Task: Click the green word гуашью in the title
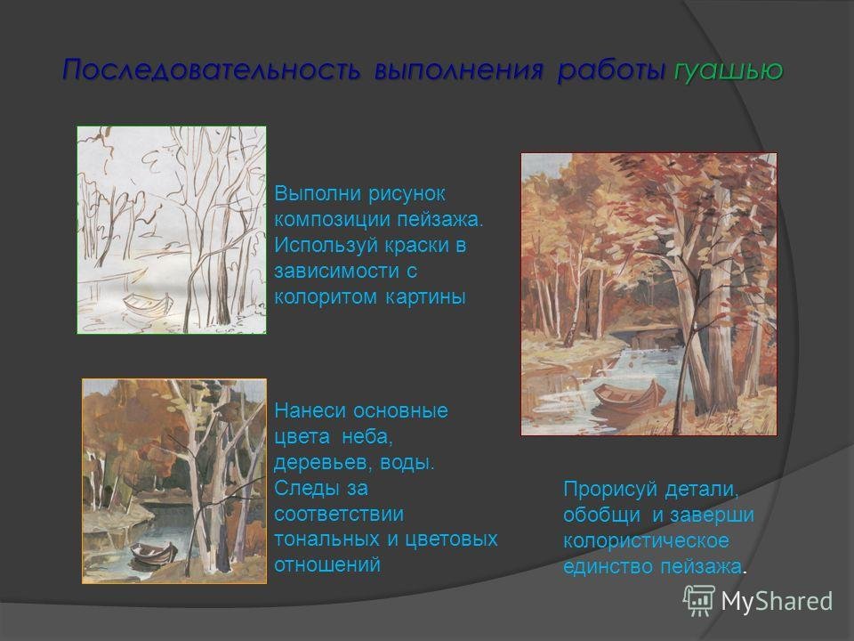(729, 71)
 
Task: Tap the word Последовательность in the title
(212, 70)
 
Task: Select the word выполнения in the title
(459, 71)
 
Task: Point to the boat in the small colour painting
(154, 554)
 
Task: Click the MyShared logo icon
(699, 601)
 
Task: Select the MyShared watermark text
(777, 601)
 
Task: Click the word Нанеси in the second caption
(309, 410)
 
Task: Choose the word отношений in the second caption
(327, 564)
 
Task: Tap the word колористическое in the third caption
(646, 541)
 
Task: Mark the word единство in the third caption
(608, 567)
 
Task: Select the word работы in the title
(611, 71)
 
